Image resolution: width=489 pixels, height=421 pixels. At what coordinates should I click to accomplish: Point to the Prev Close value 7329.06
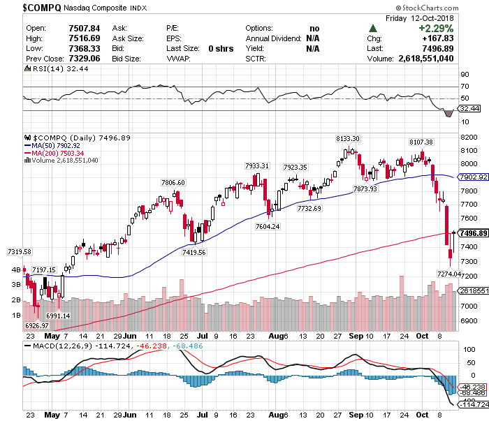point(80,59)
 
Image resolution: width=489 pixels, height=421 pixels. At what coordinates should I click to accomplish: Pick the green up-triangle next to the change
point(374,28)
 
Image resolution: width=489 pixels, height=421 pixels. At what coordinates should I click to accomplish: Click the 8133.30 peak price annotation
point(347,139)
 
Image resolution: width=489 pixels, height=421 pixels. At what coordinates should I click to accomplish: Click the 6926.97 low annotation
point(36,325)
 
